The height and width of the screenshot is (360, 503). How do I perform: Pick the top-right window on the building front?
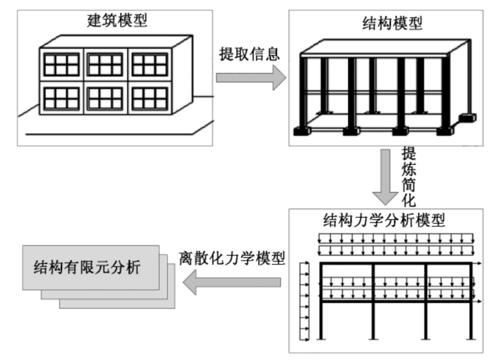(x=150, y=65)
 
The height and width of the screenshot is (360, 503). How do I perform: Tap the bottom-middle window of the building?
(x=105, y=98)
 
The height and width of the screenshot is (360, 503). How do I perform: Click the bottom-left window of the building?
(x=62, y=98)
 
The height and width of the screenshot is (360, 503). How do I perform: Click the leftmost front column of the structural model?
(x=306, y=93)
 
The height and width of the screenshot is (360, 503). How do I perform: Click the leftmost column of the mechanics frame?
(x=322, y=301)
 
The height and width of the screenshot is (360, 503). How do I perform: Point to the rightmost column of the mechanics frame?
(x=472, y=301)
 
